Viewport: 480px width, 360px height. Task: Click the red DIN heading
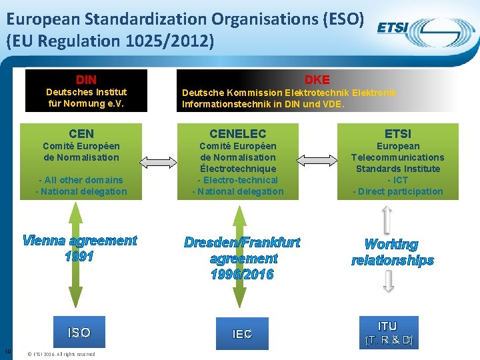(86, 80)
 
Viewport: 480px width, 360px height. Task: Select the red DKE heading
(317, 80)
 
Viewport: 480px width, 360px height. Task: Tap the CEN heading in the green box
(81, 134)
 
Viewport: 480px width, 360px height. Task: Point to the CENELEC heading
(237, 134)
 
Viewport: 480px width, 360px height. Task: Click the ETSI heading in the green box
(397, 134)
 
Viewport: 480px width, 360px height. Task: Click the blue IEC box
(242, 334)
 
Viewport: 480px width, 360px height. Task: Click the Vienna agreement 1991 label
(79, 249)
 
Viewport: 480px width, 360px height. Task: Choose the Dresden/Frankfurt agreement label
(242, 258)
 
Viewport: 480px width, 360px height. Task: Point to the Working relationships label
(392, 253)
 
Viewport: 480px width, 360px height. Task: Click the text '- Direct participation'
(397, 191)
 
